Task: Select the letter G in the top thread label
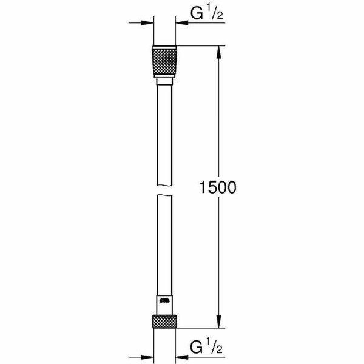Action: [x=196, y=13]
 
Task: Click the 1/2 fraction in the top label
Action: [x=214, y=13]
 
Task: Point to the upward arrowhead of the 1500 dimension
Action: [x=218, y=52]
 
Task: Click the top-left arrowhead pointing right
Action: [x=146, y=23]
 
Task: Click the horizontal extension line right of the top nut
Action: [x=200, y=45]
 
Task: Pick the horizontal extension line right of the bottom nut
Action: [x=200, y=328]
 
